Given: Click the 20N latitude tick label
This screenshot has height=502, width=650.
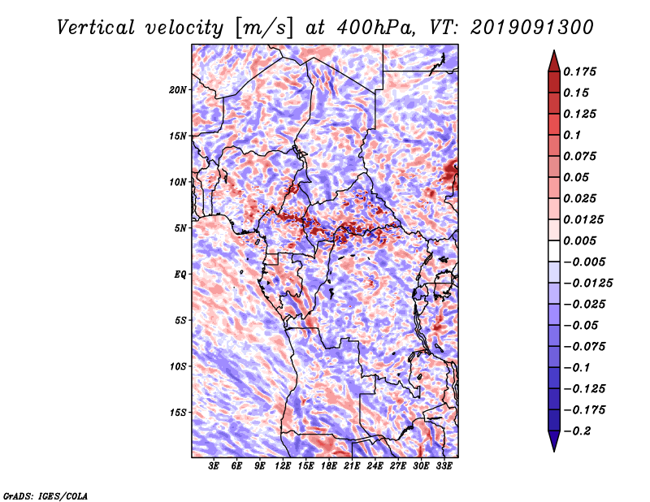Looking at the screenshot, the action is coord(177,90).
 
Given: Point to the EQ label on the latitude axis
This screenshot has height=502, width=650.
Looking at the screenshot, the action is coord(180,275).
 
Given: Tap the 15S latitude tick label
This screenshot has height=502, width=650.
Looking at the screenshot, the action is coord(177,413).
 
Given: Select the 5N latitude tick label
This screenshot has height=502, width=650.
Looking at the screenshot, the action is coord(180,228).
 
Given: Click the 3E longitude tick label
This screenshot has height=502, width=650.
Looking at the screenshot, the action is coord(214,465).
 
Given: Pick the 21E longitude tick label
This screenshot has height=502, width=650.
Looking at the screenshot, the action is coord(352,465).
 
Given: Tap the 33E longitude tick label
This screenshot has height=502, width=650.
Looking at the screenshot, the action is coord(444,465).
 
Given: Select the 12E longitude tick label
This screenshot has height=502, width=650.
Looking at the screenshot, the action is coord(282,465).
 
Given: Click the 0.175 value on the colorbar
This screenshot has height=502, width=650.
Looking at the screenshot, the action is coord(579,71).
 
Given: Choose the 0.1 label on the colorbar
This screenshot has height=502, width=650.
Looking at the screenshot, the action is coord(572,135).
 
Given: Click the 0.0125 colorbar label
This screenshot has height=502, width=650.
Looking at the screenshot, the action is coord(583,219).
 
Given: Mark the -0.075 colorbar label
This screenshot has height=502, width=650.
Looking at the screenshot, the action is coord(584,347).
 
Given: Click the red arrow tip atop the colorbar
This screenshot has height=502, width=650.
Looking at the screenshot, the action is coord(554,50).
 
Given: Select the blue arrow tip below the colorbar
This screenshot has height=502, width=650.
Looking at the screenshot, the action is coord(554,451).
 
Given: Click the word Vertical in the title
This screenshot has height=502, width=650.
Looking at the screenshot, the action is coord(96,28).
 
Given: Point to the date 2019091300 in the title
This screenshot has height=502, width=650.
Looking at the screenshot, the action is coord(532,28).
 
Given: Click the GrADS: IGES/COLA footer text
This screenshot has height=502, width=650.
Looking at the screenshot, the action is coord(45,496).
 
